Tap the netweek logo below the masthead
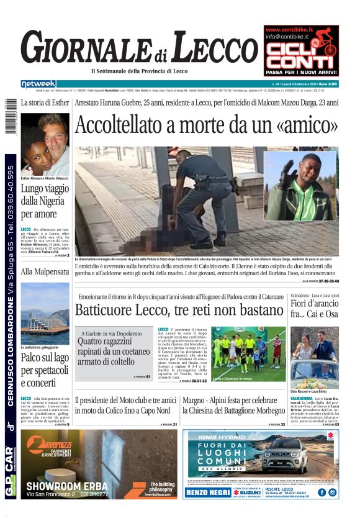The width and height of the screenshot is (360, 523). (38, 84)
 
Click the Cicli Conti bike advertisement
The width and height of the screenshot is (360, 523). (301, 42)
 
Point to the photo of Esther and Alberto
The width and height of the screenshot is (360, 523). (45, 145)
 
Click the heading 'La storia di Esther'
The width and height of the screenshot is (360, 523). (45, 102)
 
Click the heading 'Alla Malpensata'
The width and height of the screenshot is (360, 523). (44, 271)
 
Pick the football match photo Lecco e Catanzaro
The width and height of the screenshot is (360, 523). (248, 352)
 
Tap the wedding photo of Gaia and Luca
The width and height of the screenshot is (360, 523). (314, 357)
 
